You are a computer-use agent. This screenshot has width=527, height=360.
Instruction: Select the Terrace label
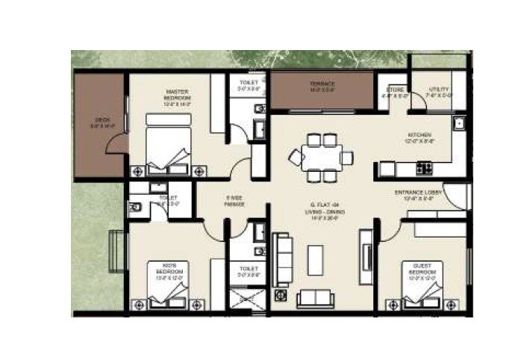[322, 87]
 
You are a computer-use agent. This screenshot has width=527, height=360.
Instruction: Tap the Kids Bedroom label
[166, 270]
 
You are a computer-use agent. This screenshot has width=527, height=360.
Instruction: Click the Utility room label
[439, 92]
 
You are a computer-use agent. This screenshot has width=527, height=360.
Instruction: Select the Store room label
[394, 92]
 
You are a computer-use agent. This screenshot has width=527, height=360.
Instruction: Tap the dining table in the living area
[321, 157]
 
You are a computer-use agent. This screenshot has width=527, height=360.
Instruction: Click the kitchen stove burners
[424, 168]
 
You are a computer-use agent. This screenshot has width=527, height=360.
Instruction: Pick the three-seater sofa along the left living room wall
[282, 258]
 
